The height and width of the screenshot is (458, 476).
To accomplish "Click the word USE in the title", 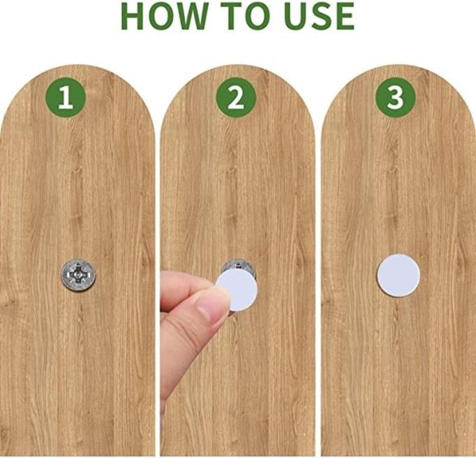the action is click(x=319, y=16).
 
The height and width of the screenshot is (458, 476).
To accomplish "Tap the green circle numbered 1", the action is click(x=66, y=98).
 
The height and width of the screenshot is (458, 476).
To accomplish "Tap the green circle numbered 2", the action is click(x=236, y=98).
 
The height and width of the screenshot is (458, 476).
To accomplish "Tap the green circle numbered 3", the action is click(x=395, y=98).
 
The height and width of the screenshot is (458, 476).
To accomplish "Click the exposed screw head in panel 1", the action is click(x=78, y=275).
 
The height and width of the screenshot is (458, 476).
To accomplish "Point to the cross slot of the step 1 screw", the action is click(x=78, y=274).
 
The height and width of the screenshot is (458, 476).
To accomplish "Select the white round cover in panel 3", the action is click(x=399, y=276).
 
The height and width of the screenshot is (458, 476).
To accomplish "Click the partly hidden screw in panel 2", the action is click(x=239, y=266).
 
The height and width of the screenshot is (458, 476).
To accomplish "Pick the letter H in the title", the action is click(x=133, y=16).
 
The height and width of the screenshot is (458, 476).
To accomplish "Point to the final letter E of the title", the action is click(x=345, y=16).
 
